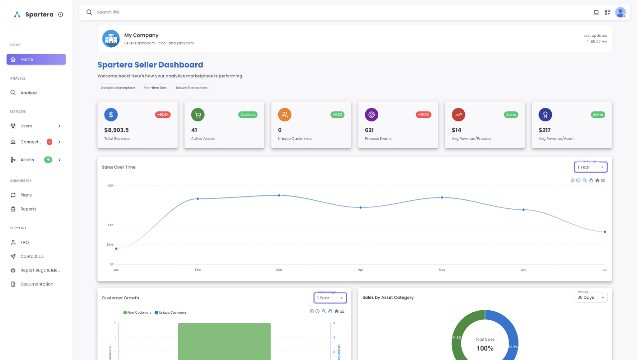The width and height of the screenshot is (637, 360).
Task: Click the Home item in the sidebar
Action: [36, 60]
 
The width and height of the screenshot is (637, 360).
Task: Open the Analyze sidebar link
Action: [28, 93]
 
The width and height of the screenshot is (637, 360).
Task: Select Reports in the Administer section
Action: [28, 209]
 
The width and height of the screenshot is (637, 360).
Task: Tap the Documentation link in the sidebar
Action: [36, 284]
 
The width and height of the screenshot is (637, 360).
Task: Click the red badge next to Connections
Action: [49, 142]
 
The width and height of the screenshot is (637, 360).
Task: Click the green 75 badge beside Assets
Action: [48, 160]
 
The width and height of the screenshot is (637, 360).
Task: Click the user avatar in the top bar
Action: [620, 12]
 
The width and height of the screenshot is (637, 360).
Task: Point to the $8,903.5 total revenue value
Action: [116, 130]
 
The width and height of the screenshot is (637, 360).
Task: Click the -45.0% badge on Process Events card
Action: [423, 115]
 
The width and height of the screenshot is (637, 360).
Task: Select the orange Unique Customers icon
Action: [285, 115]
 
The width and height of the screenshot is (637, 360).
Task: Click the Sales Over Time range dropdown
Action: [591, 167]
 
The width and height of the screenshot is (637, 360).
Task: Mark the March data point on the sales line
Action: [279, 195]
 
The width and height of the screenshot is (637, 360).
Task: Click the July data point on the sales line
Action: [605, 232]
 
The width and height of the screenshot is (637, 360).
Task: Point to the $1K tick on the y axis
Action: [110, 225]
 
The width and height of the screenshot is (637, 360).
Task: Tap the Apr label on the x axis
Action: [360, 270]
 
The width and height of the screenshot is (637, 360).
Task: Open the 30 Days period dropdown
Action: [590, 298]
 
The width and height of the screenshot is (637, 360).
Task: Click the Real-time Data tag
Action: [155, 88]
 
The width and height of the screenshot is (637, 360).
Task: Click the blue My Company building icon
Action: [111, 39]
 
